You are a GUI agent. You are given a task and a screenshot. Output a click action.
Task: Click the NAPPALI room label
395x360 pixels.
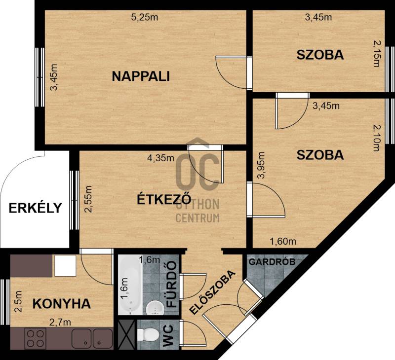coord(141,76)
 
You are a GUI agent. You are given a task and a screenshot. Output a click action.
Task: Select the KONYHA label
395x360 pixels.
coord(62,304)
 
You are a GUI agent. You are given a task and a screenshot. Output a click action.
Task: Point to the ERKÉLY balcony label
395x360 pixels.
coord(35,208)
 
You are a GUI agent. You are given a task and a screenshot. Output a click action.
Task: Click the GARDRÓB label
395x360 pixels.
coord(272,262)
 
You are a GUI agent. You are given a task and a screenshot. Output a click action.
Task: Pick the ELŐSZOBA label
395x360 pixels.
coord(213,292)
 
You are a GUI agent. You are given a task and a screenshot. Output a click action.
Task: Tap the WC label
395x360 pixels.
coord(168,336)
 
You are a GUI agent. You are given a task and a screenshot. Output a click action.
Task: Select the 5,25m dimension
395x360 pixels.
coord(145,17)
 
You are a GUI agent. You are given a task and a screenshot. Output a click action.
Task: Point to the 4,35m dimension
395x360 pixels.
coord(161,158)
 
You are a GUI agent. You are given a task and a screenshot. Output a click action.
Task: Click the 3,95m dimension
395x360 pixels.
coord(261,165)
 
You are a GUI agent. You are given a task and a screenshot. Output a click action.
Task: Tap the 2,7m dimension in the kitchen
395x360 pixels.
coord(60,322)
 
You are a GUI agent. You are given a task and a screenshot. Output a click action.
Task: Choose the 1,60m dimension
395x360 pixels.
coord(283,242)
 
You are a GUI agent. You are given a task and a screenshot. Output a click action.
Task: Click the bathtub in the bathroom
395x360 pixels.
coord(130,285)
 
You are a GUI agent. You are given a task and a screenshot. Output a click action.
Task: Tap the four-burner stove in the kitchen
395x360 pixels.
coord(35,339)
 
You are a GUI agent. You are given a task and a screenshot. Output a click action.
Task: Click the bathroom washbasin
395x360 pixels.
coord(154,308)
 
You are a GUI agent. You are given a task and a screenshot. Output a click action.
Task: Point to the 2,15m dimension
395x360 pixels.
coord(376,54)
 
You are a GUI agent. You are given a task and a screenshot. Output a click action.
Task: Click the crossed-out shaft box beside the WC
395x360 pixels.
coord(126,334)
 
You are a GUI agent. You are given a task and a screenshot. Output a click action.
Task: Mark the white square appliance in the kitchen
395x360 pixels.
coord(65,265)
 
